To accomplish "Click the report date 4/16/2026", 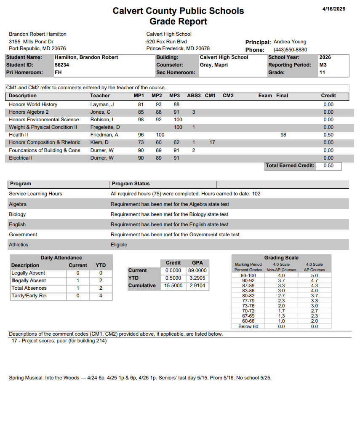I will click(333, 9).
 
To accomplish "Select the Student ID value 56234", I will click(62, 65).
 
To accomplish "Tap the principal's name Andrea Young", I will click(290, 42).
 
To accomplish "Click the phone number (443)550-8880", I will click(290, 50).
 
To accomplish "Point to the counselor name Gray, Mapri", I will click(213, 65).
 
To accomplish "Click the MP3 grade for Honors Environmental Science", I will click(178, 120).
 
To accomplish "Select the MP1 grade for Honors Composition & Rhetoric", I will click(141, 142).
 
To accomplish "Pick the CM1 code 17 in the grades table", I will click(212, 142).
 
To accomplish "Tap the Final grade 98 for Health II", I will click(283, 135).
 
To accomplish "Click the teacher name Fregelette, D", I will click(105, 127).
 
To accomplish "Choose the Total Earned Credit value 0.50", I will click(328, 166).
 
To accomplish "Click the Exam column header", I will click(265, 96).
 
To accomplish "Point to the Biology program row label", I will click(17, 214).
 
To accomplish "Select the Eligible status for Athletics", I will click(119, 245).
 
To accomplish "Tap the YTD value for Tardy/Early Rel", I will click(101, 296).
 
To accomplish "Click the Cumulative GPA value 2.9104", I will click(197, 286).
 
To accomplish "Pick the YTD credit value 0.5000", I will click(173, 278).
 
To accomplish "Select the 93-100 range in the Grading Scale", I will click(248, 275).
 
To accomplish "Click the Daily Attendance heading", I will click(61, 258).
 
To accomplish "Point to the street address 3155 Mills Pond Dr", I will click(31, 42).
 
